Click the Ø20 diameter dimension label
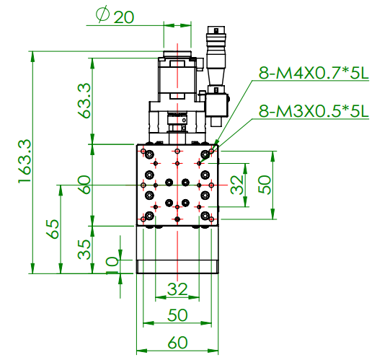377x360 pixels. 115,16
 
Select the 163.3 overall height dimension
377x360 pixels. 25,161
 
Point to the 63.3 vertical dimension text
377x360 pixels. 84,100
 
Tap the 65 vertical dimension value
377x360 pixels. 53,229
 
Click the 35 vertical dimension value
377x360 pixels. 84,250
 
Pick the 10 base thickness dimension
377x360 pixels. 112,265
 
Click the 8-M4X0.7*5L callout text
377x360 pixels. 314,73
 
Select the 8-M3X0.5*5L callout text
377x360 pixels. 314,111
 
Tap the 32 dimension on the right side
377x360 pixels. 237,185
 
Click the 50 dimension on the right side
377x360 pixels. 265,185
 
